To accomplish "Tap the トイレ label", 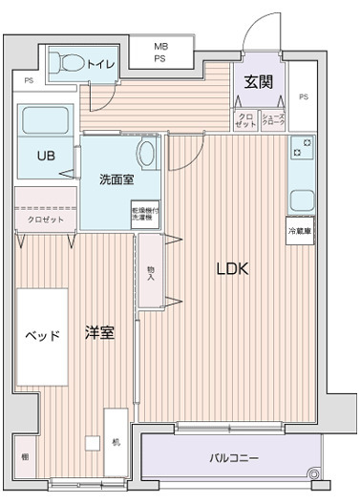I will (100, 65).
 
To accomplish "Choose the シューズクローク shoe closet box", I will (273, 120).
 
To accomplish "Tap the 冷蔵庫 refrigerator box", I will (300, 231).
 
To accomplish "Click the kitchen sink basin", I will (302, 201).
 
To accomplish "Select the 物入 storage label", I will (150, 273).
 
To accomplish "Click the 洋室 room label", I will (99, 333).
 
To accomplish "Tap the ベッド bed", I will (42, 335).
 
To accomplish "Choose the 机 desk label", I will (115, 442).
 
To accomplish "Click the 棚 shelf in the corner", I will (25, 457).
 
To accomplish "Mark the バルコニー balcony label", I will (234, 458).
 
